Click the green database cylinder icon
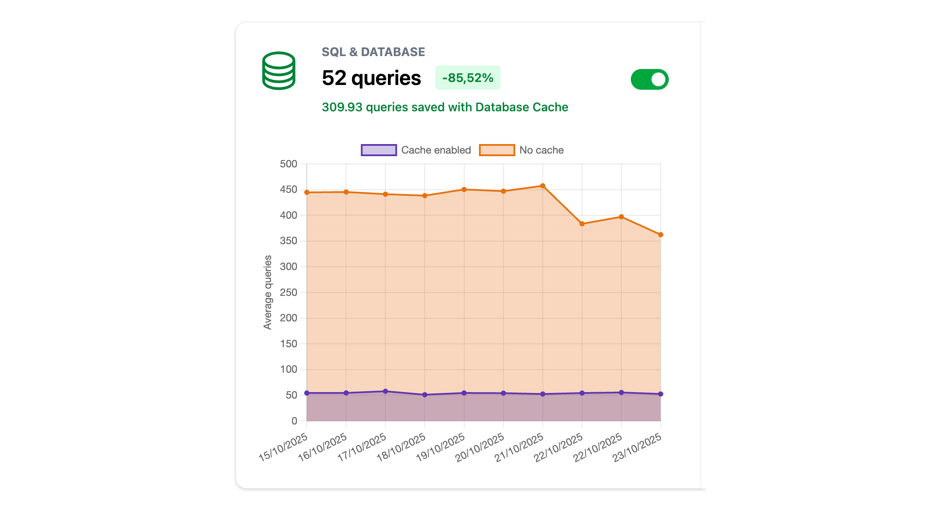pyautogui.click(x=279, y=71)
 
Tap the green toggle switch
pyautogui.click(x=649, y=79)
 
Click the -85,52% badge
pyautogui.click(x=468, y=78)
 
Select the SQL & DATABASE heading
pyautogui.click(x=373, y=52)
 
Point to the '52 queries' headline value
pyautogui.click(x=371, y=78)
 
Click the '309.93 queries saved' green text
pyautogui.click(x=445, y=107)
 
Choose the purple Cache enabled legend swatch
pyautogui.click(x=378, y=150)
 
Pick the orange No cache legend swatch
pyautogui.click(x=497, y=150)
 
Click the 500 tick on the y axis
pyautogui.click(x=289, y=164)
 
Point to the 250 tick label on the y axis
pyautogui.click(x=289, y=292)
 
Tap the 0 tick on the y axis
pyautogui.click(x=294, y=421)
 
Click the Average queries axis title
pyautogui.click(x=268, y=292)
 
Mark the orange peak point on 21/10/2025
pyautogui.click(x=543, y=186)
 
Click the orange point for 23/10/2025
pyautogui.click(x=661, y=235)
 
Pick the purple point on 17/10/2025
pyautogui.click(x=385, y=391)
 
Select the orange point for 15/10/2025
pyautogui.click(x=307, y=192)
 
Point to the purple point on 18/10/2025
pyautogui.click(x=425, y=395)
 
